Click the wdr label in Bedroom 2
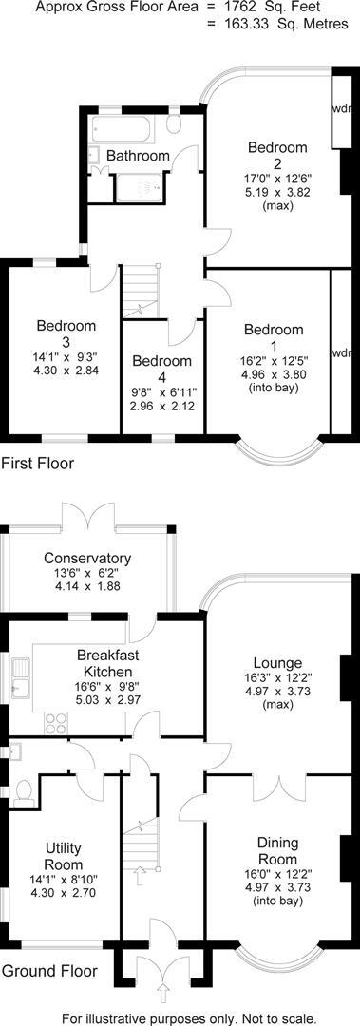pyautogui.click(x=341, y=107)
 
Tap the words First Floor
pyautogui.click(x=37, y=464)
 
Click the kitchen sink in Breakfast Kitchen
pyautogui.click(x=20, y=681)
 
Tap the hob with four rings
pyautogui.click(x=53, y=722)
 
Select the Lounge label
pyautogui.click(x=277, y=662)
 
